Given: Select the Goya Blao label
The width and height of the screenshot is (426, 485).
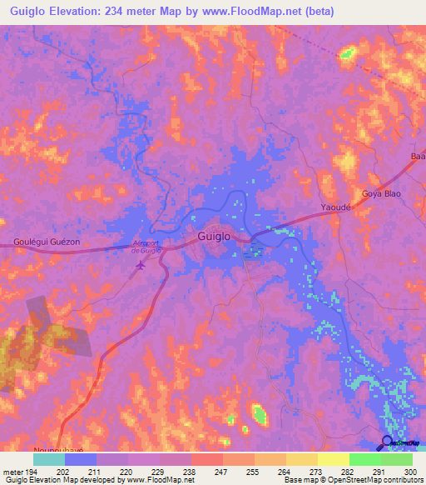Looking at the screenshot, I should (x=381, y=194).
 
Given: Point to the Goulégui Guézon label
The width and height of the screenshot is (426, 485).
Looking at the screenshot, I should (x=47, y=242).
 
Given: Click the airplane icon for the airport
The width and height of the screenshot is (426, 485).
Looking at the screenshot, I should (x=140, y=266).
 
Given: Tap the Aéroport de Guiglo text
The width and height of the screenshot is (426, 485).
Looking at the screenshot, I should (x=150, y=246).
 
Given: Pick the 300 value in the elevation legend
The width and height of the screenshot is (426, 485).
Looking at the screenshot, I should (x=410, y=472).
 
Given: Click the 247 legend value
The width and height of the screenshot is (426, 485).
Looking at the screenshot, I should (x=222, y=472).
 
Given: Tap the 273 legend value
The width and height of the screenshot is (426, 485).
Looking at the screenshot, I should (x=316, y=472).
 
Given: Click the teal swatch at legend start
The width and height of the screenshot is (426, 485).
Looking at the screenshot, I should (x=49, y=459).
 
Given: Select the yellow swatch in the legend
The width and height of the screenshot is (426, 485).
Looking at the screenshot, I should (x=333, y=459).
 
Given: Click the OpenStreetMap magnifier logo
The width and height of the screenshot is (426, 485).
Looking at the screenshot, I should (x=386, y=442).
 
